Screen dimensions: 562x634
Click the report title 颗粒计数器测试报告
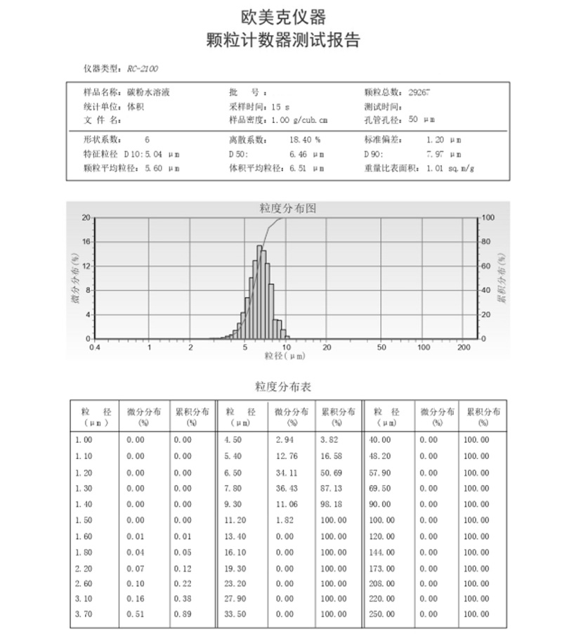[282, 40]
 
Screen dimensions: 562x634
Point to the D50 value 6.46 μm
[306, 154]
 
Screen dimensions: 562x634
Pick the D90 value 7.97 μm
[444, 154]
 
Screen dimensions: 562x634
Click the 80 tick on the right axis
[488, 242]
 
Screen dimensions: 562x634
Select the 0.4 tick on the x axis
[94, 347]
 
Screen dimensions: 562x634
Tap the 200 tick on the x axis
[463, 347]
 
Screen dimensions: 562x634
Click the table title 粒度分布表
[282, 387]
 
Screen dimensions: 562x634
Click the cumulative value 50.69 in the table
[332, 472]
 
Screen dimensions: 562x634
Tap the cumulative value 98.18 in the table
[332, 504]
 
